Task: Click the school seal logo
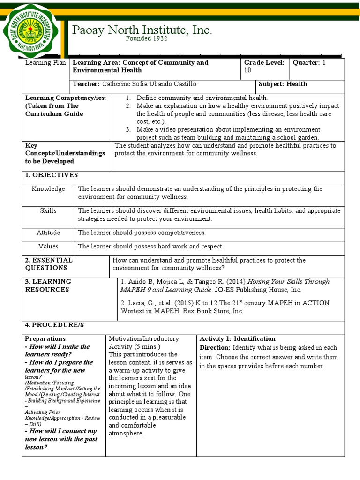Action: pyautogui.click(x=31, y=30)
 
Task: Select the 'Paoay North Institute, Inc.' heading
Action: pyautogui.click(x=142, y=30)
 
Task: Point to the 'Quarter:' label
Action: pyautogui.click(x=307, y=62)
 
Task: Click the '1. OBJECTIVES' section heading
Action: pyautogui.click(x=52, y=175)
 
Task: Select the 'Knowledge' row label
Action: pyautogui.click(x=48, y=189)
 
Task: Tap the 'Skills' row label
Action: pyautogui.click(x=48, y=210)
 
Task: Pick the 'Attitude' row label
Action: pyautogui.click(x=48, y=232)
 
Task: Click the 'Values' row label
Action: pyautogui.click(x=48, y=246)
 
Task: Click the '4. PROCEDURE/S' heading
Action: pyautogui.click(x=54, y=324)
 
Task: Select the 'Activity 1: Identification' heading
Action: pyautogui.click(x=237, y=338)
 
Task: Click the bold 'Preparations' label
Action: pyautogui.click(x=45, y=338)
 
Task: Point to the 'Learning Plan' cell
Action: pyautogui.click(x=45, y=62)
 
